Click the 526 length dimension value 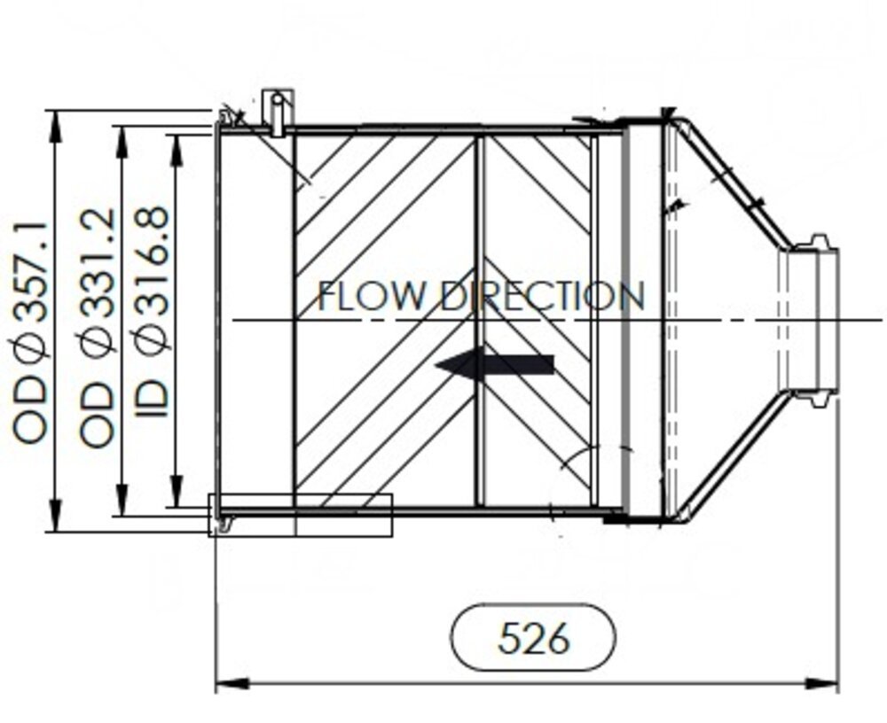click(533, 637)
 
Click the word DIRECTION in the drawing click(543, 296)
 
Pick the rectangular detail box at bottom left click(300, 516)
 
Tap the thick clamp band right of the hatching click(626, 320)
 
